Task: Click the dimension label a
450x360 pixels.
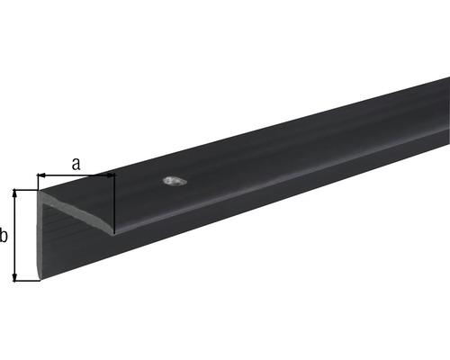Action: point(76,164)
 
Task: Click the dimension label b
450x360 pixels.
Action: point(4,236)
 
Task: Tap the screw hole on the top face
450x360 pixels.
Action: point(175,181)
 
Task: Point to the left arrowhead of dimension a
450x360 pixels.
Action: point(41,175)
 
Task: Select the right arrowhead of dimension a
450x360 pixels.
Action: point(111,175)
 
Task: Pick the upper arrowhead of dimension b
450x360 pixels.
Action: point(14,193)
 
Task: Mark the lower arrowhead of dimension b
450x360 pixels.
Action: point(14,277)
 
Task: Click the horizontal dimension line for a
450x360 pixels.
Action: point(76,175)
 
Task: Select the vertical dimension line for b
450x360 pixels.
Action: point(14,236)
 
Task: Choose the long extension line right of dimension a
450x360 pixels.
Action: point(115,203)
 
